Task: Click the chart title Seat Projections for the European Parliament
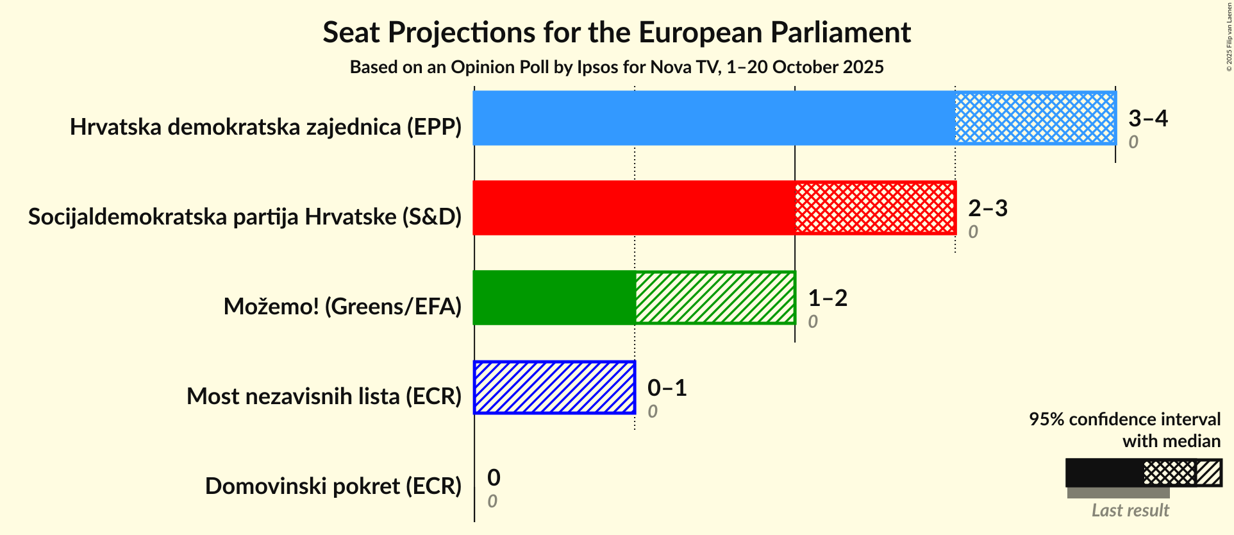click(616, 33)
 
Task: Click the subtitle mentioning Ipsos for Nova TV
click(616, 67)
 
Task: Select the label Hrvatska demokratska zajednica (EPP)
click(265, 127)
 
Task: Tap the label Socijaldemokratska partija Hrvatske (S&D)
click(245, 217)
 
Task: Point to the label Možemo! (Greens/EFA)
click(342, 307)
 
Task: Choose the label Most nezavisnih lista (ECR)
click(324, 396)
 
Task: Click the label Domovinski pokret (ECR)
click(333, 486)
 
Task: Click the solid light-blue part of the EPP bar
click(713, 118)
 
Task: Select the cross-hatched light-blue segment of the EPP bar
click(1035, 118)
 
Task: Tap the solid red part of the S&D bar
click(633, 208)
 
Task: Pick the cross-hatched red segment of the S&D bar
click(874, 208)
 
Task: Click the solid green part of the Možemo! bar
click(554, 298)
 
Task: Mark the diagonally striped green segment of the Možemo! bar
click(714, 298)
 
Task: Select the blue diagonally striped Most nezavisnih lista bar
click(554, 387)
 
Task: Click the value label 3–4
click(1147, 118)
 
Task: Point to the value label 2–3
click(987, 208)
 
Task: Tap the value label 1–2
click(827, 298)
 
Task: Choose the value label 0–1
click(667, 387)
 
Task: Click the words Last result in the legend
click(1130, 511)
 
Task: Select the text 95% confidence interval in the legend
click(1124, 420)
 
